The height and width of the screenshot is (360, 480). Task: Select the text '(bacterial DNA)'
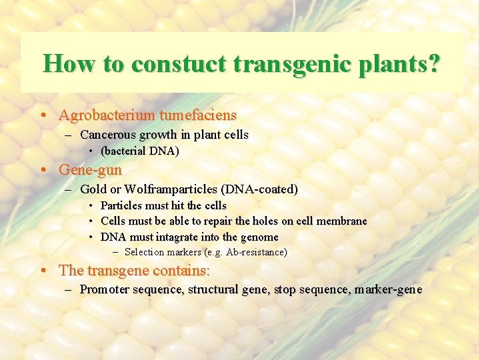tap(140, 151)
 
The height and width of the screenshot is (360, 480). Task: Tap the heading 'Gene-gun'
tap(90, 169)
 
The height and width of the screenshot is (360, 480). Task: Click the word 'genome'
tap(259, 237)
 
